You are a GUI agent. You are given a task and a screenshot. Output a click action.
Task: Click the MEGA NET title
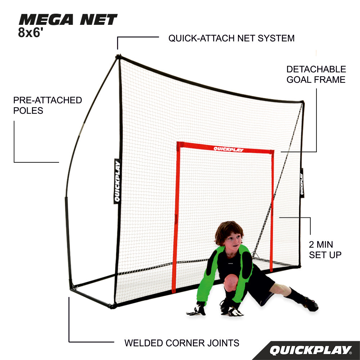click(68, 19)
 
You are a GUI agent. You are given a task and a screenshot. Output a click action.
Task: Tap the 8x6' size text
click(31, 32)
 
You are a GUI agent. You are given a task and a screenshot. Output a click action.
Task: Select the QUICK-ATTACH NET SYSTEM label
click(231, 38)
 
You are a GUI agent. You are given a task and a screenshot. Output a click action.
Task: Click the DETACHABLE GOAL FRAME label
click(316, 75)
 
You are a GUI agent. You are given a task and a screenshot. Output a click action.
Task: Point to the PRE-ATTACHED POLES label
click(48, 105)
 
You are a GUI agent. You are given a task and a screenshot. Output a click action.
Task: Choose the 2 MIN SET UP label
click(325, 249)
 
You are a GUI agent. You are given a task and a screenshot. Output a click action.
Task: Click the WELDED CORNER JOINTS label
click(182, 343)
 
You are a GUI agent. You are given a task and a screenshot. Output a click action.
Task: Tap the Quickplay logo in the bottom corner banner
click(311, 350)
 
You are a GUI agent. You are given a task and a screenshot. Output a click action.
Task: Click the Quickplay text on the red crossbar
click(229, 149)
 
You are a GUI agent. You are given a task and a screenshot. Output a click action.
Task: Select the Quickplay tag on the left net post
click(117, 181)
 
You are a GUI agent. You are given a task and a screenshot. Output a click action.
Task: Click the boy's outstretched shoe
click(311, 304)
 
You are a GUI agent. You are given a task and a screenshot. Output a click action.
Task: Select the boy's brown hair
click(229, 231)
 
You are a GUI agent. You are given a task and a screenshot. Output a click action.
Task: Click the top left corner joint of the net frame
click(118, 57)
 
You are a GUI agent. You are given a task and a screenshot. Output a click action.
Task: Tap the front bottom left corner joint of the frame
click(112, 306)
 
